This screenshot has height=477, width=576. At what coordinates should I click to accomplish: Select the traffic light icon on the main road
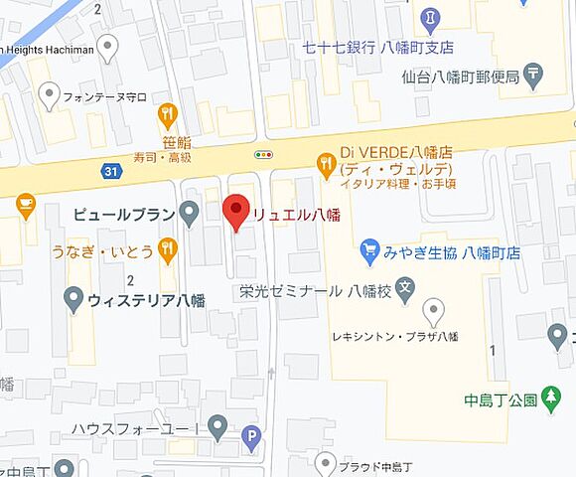pos(263,154)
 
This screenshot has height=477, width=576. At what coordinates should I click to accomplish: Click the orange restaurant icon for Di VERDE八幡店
pos(326,162)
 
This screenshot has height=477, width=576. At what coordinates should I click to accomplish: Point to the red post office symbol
pos(536,73)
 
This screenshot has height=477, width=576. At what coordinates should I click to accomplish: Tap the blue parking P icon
pos(253,434)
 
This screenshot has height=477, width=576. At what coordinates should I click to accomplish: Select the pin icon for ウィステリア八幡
pos(72,297)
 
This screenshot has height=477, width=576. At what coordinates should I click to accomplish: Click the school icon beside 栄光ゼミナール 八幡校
pos(404,291)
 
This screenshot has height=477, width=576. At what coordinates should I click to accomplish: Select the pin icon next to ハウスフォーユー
pos(218,428)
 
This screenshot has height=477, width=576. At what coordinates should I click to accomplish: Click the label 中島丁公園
pos(501,401)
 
